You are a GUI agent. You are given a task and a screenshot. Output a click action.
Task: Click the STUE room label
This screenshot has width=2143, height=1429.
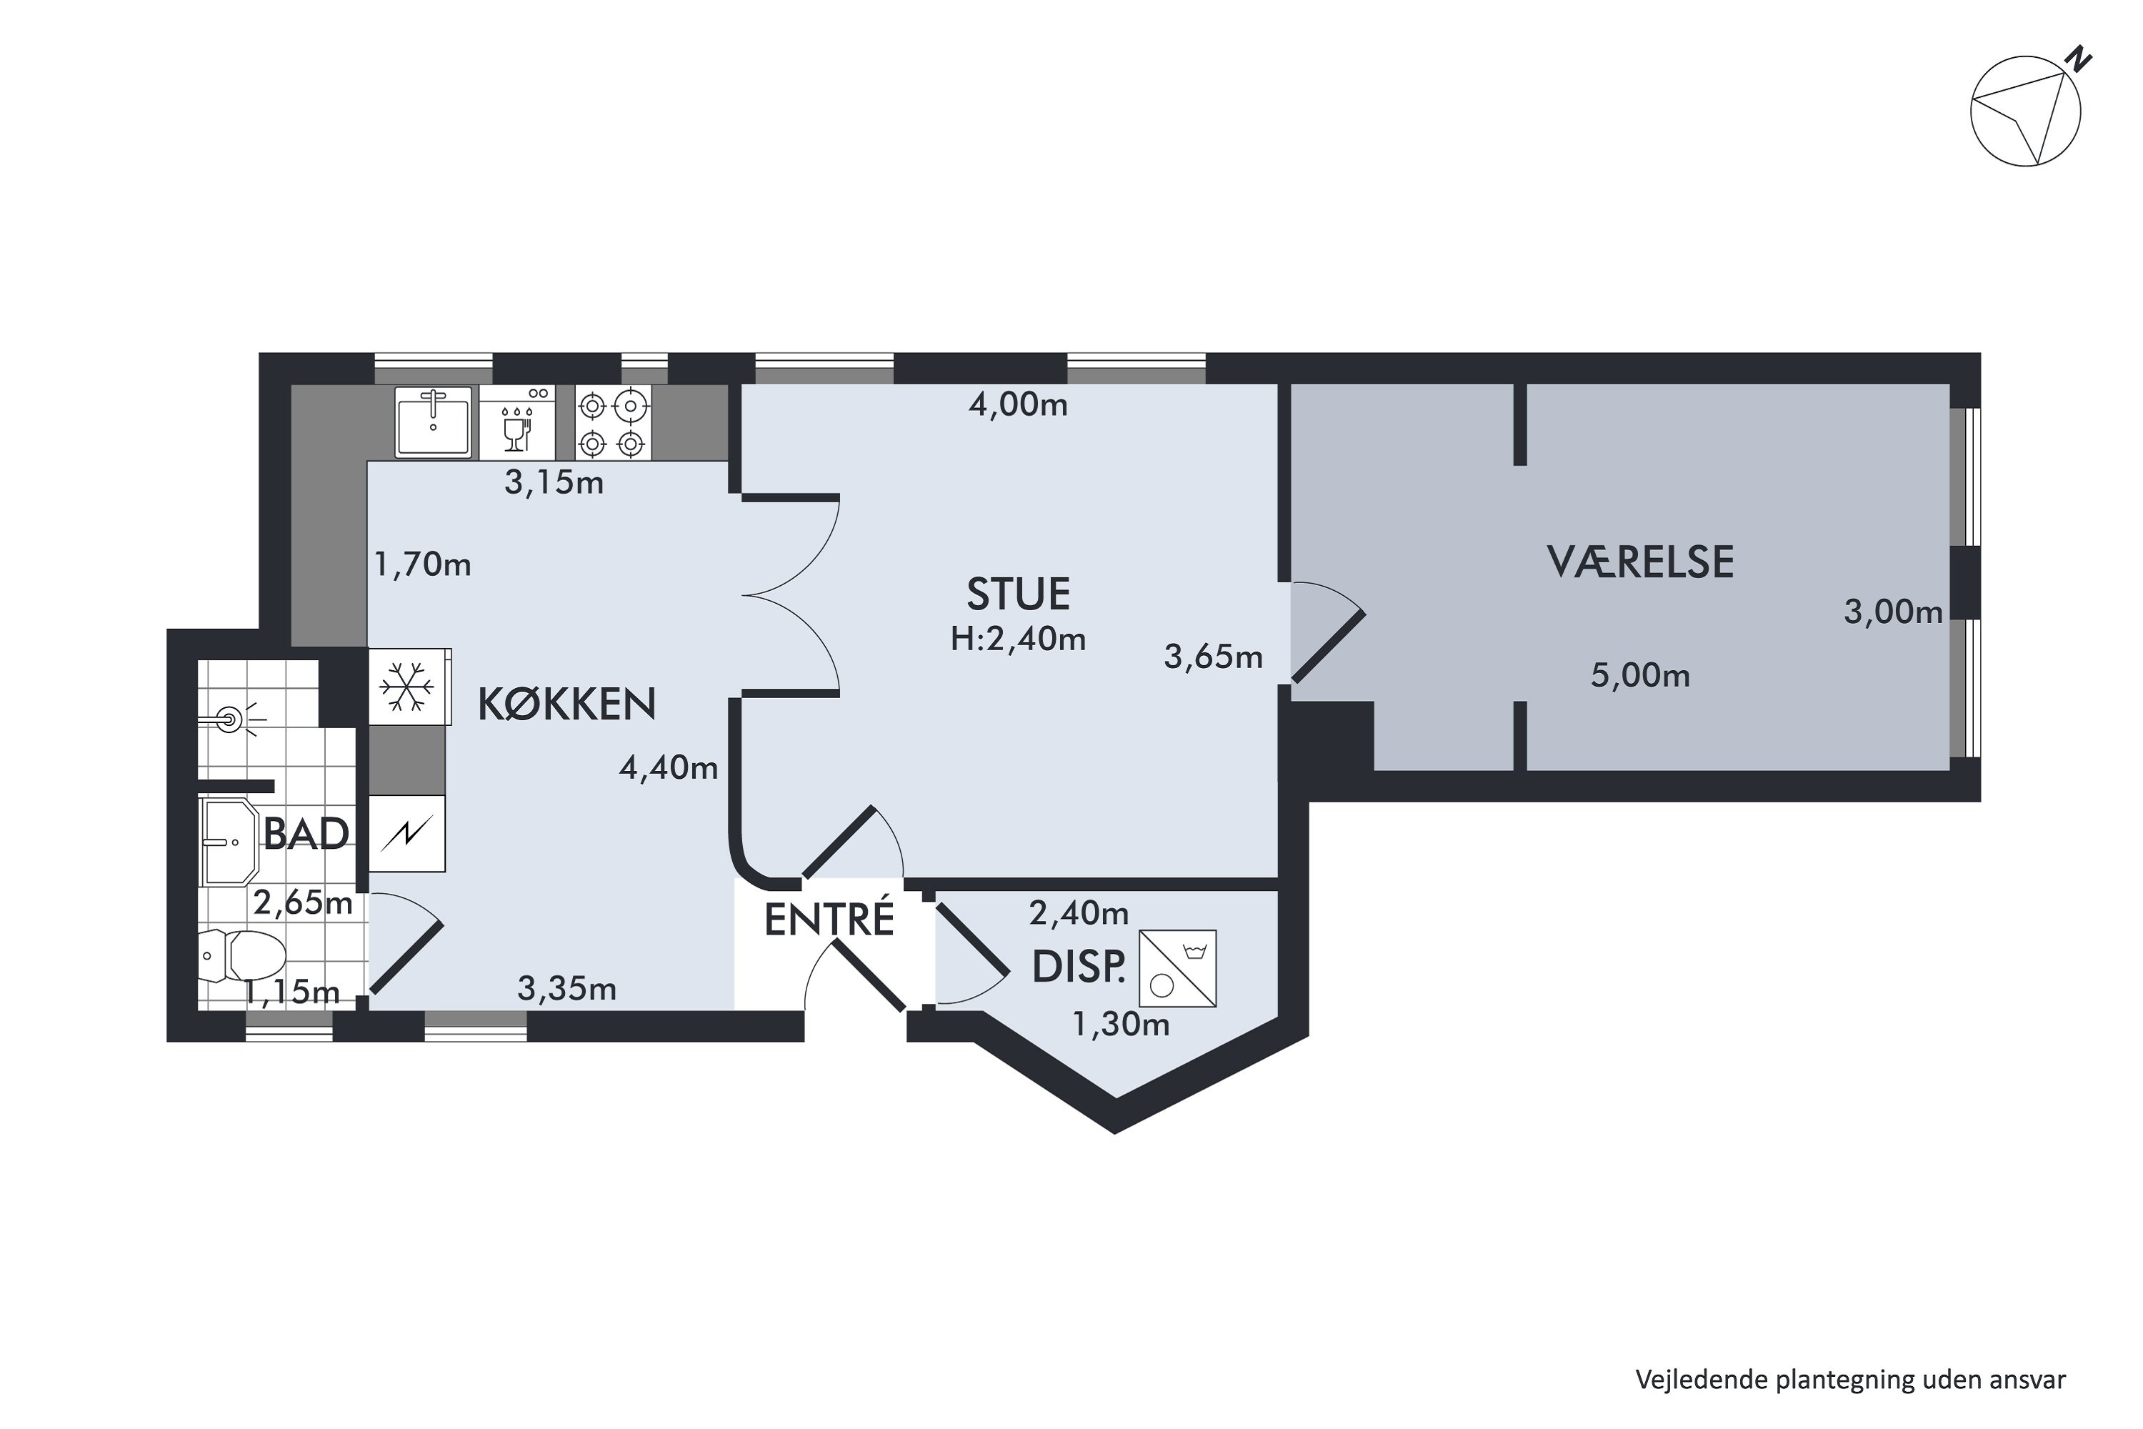(1018, 594)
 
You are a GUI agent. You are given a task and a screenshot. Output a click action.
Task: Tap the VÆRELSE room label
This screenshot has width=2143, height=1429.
(1640, 562)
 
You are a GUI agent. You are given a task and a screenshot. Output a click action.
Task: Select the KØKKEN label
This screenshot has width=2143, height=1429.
(566, 704)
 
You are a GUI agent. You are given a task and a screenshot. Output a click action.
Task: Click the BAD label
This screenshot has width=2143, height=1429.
(306, 835)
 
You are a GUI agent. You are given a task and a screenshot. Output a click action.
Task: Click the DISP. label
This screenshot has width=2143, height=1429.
(1079, 968)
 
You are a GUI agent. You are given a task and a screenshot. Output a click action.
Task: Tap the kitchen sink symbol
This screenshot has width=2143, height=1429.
(433, 421)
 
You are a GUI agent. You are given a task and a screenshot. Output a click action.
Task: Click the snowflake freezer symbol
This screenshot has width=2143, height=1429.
(406, 686)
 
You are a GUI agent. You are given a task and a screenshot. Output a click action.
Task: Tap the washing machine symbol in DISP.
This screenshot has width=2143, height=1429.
(1177, 969)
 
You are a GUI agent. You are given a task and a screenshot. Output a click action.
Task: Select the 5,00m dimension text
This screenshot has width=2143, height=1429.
(1640, 676)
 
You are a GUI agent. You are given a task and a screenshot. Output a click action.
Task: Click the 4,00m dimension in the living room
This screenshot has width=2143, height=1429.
(1018, 404)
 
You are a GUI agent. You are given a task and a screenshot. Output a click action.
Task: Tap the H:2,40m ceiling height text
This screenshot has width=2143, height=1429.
(1018, 639)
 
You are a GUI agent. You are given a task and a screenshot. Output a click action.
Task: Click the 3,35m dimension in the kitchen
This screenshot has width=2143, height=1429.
(566, 989)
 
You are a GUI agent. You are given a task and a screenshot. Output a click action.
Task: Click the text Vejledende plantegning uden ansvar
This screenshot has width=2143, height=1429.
(1849, 1380)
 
